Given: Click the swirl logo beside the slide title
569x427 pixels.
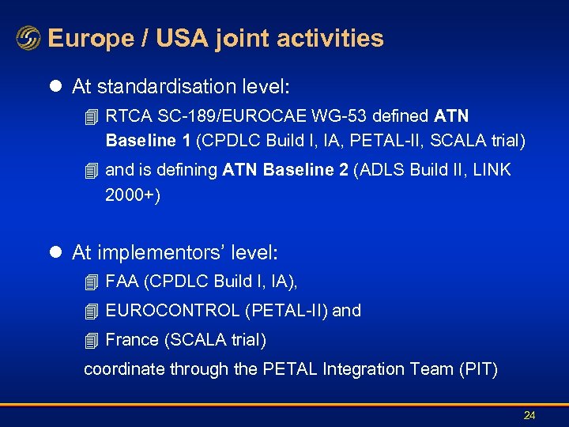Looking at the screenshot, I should (28, 39).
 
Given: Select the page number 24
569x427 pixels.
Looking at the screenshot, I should (529, 415).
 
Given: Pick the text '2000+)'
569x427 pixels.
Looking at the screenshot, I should (132, 195).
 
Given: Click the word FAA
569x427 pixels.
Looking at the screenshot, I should (122, 282).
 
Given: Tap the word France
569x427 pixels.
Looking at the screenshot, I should (132, 340).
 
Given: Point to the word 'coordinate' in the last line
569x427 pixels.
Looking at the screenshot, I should (121, 369).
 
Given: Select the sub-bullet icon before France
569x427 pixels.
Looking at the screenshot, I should (92, 341).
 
